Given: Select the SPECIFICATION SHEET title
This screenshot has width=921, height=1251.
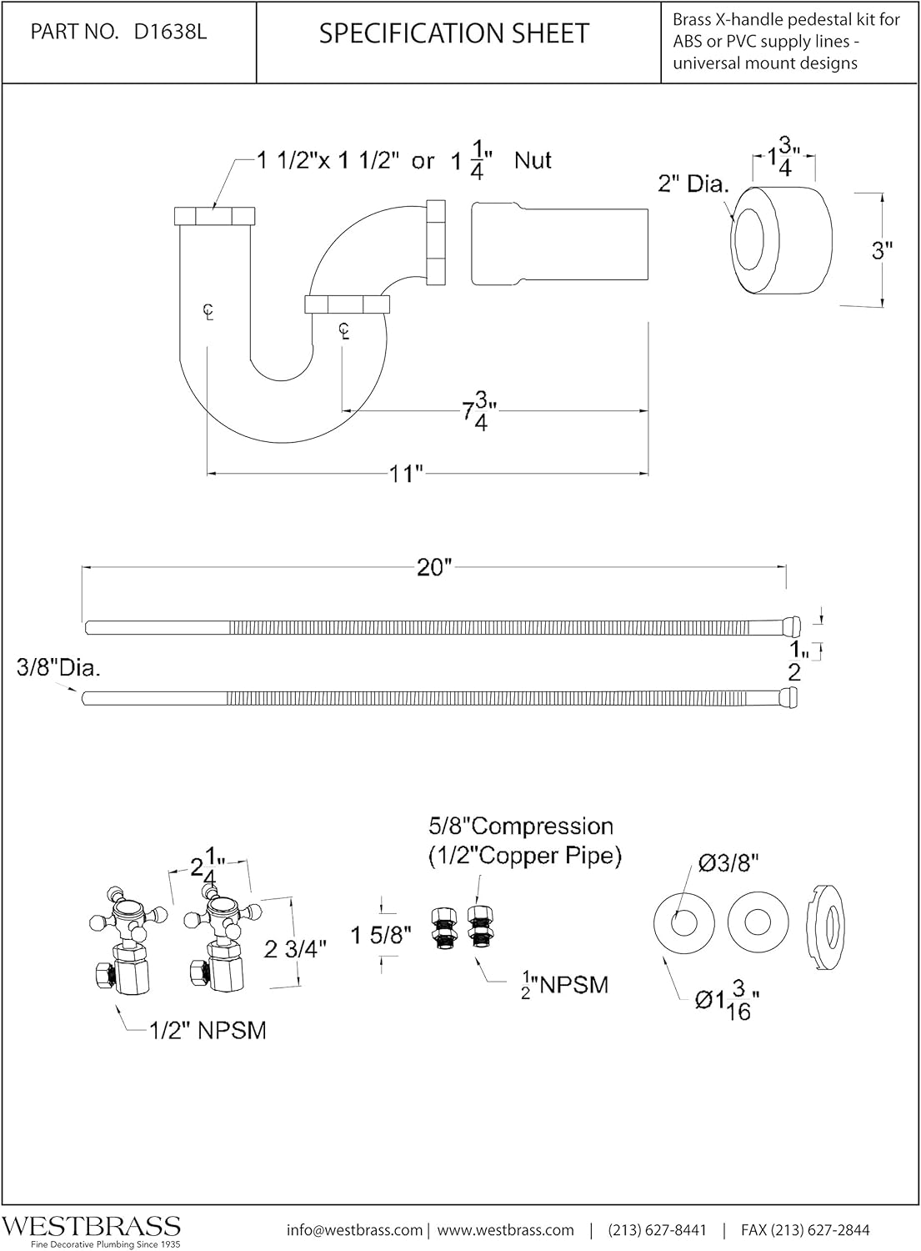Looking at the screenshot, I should tap(454, 33).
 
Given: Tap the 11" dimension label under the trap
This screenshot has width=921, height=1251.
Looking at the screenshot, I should tap(406, 474).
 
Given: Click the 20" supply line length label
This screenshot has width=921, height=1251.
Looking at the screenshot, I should tap(433, 567).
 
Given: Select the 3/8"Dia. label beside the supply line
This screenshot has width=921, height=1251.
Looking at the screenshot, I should tap(58, 669).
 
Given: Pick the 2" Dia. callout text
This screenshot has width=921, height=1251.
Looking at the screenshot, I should tap(693, 183).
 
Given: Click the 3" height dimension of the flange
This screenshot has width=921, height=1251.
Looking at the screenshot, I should tap(883, 249).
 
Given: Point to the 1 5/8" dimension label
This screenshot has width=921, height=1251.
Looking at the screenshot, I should tap(381, 935).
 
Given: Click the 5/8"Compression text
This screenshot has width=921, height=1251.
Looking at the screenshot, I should tap(521, 826).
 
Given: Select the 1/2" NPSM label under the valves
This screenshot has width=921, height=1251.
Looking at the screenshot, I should tap(208, 1031).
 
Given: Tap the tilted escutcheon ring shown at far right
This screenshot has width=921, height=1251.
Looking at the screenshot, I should tap(827, 927).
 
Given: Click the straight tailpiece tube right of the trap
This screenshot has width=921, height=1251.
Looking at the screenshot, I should tap(559, 243).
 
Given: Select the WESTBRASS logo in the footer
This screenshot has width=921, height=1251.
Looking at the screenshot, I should tap(91, 1225).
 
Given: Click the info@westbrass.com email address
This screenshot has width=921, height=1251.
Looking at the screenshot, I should tap(353, 1230).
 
